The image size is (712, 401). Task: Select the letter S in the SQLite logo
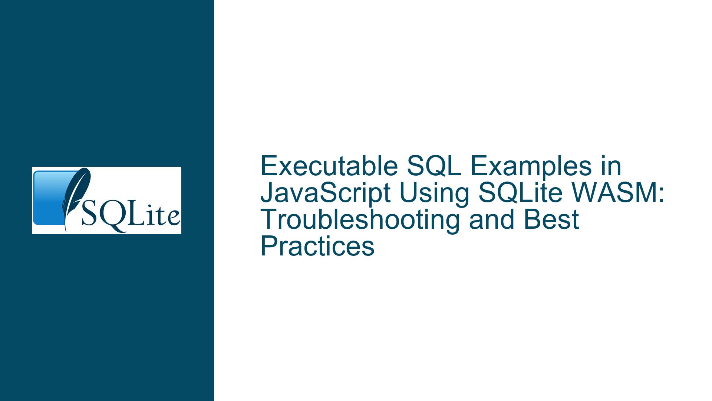point(89,216)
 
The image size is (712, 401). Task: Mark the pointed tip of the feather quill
point(66,232)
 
